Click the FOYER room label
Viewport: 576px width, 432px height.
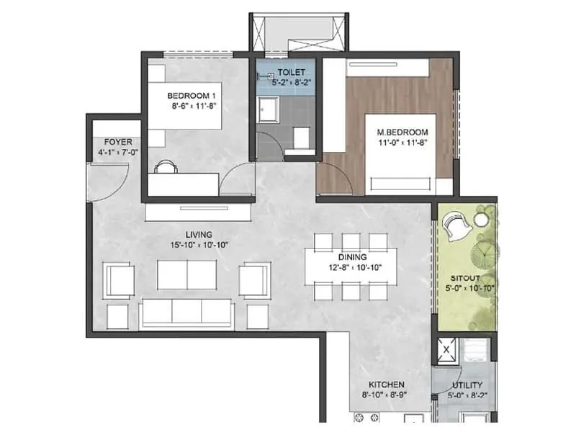point(117,142)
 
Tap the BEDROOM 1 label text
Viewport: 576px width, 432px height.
point(191,95)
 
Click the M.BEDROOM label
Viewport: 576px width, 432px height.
point(402,132)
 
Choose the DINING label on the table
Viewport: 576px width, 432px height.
point(352,256)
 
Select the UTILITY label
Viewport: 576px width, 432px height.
point(467,384)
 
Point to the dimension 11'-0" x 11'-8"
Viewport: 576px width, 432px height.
point(402,143)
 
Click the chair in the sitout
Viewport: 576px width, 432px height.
point(456,228)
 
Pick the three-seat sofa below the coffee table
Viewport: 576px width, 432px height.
point(186,313)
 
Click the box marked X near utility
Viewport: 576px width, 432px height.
point(447,351)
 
